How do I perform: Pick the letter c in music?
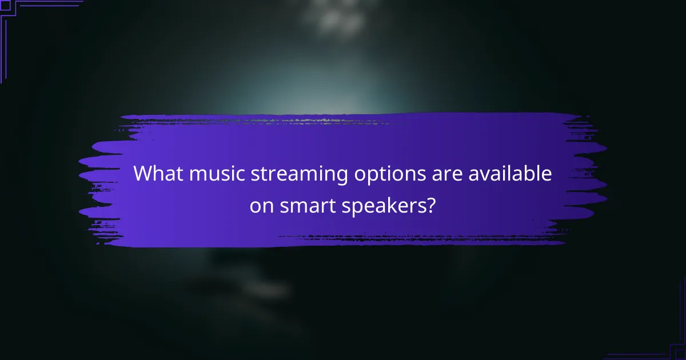click(241, 175)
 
